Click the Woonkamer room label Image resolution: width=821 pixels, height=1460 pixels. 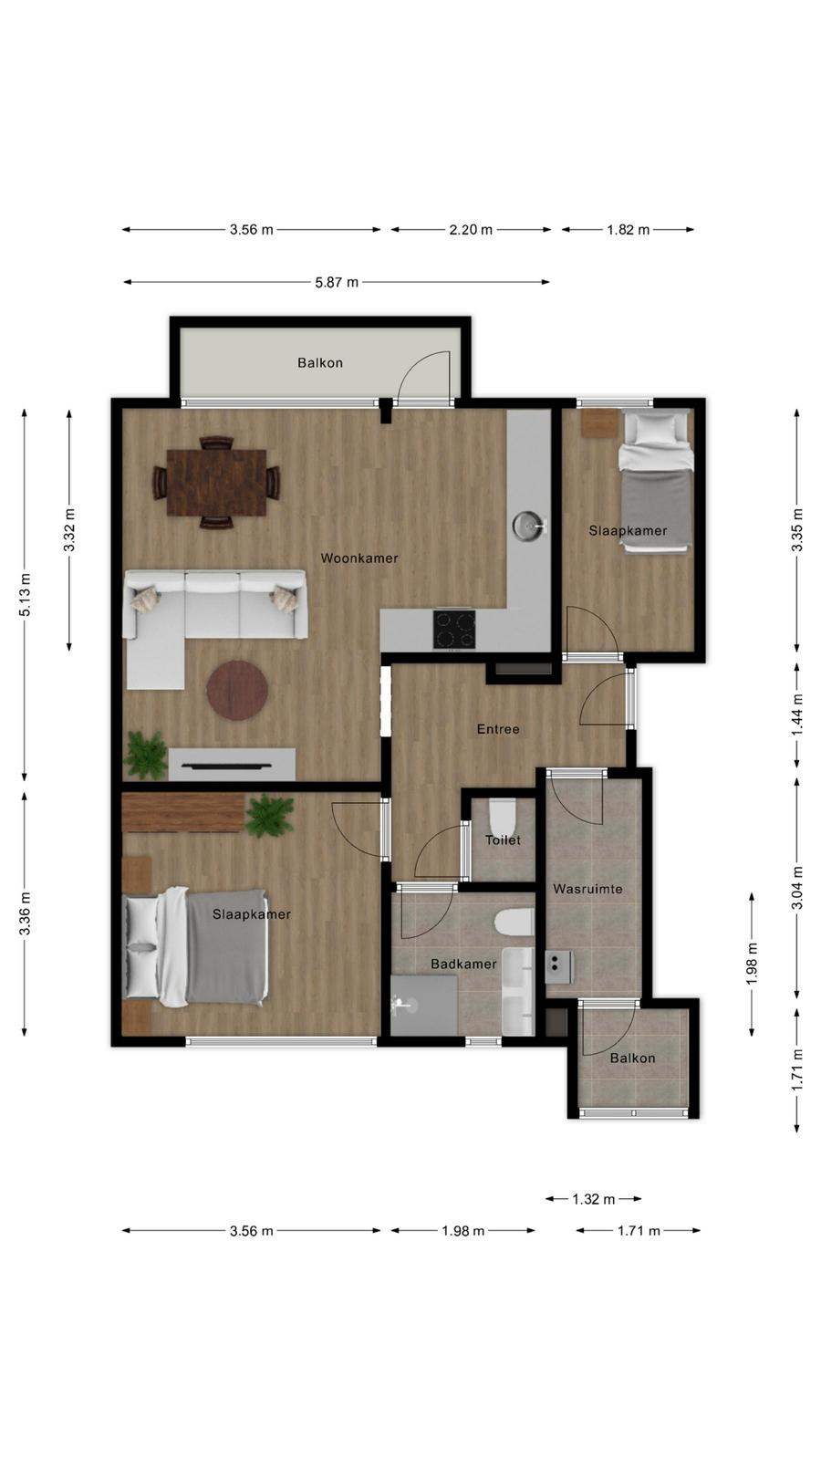[x=359, y=558]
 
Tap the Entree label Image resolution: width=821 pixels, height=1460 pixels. [x=498, y=729]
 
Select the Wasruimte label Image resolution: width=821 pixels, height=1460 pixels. [x=587, y=889]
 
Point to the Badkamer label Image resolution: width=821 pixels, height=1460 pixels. [x=463, y=964]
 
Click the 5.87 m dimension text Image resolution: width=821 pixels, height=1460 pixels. [x=337, y=282]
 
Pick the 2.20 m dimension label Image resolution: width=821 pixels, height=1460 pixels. [x=471, y=229]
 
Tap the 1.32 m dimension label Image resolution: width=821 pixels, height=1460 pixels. [x=594, y=1199]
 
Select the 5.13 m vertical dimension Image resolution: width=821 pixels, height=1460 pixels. [x=25, y=594]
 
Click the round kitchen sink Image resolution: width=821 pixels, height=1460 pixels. [x=527, y=525]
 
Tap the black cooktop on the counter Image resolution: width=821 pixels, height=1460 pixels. [x=455, y=630]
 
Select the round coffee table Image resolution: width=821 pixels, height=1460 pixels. [x=238, y=690]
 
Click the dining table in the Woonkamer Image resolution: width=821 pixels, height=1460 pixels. [x=216, y=483]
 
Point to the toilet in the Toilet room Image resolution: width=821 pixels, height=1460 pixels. [x=502, y=816]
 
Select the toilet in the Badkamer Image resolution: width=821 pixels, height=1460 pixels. [x=514, y=922]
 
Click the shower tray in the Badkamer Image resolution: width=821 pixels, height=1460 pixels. [x=423, y=1005]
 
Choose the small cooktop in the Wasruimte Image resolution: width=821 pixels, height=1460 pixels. [x=558, y=967]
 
